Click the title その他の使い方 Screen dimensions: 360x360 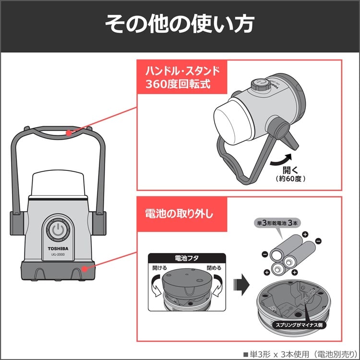point(180,25)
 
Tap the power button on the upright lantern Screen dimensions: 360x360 point(58,230)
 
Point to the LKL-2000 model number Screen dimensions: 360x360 point(58,255)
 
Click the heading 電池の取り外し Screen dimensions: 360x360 point(179,213)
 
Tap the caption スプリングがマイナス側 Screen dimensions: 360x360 point(293,325)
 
